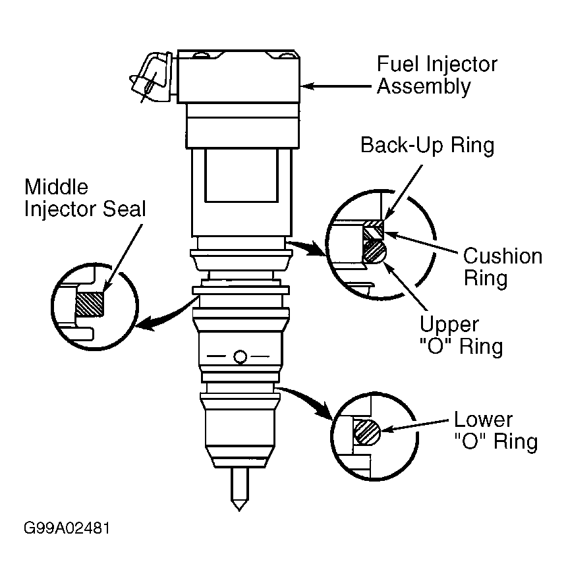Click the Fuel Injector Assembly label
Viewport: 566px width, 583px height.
pyautogui.click(x=437, y=75)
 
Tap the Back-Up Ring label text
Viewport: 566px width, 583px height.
pyautogui.click(x=428, y=145)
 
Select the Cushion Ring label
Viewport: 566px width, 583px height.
pyautogui.click(x=503, y=267)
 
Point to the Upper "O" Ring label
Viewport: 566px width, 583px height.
pyautogui.click(x=461, y=335)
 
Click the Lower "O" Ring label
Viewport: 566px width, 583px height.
pyautogui.click(x=495, y=431)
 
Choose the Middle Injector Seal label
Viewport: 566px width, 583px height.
pyautogui.click(x=85, y=198)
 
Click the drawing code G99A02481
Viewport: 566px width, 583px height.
pyautogui.click(x=67, y=528)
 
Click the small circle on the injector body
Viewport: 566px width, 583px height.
pyautogui.click(x=241, y=357)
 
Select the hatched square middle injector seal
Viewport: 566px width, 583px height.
pyautogui.click(x=89, y=304)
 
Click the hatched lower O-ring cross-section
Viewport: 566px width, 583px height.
pyautogui.click(x=366, y=432)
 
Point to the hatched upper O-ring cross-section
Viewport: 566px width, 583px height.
pyautogui.click(x=374, y=252)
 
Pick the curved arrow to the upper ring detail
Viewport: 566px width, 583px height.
pyautogui.click(x=307, y=246)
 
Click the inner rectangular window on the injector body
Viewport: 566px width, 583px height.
pyautogui.click(x=241, y=175)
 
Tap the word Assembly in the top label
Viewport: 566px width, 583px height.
pyautogui.click(x=424, y=87)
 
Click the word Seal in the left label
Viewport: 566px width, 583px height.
pyautogui.click(x=125, y=209)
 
